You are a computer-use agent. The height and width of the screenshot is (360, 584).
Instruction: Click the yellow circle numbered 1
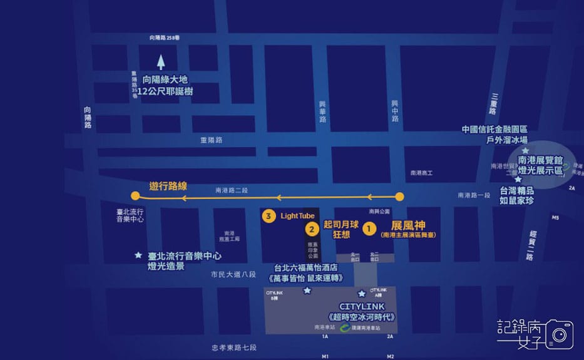click(369, 229)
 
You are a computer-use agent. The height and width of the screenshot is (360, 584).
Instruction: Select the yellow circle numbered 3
click(269, 216)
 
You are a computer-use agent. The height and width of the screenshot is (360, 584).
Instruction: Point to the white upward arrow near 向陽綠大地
click(161, 62)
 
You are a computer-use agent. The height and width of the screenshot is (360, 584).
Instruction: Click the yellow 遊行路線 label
click(168, 186)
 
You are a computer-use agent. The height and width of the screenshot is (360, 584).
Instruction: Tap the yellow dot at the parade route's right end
click(400, 197)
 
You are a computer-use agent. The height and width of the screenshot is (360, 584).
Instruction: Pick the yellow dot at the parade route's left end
click(135, 195)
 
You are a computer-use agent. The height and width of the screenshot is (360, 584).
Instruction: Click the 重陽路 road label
click(212, 140)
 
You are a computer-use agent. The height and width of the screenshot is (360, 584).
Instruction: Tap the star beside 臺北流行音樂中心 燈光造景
click(138, 255)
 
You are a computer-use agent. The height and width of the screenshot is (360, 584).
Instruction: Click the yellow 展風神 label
click(408, 225)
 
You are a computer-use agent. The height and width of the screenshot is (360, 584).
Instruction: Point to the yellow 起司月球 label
click(341, 224)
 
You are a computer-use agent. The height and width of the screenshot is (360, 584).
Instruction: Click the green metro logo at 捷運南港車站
click(344, 327)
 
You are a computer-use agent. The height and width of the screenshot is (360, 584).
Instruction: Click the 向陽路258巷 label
click(168, 38)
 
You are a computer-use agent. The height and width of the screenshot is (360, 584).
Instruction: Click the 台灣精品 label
click(516, 190)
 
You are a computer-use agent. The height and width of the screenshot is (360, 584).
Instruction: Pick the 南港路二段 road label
click(232, 190)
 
